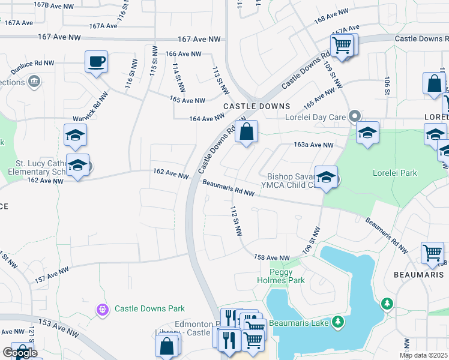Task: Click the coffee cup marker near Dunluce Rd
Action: [96, 62]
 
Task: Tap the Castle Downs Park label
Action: [149, 308]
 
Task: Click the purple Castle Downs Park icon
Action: [103, 309]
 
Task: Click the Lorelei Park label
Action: [395, 173]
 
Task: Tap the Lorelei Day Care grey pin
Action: [356, 116]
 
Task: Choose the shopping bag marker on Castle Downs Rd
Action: [246, 131]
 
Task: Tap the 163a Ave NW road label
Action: [313, 145]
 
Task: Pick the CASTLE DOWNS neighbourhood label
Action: [249, 106]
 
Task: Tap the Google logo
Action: [20, 353]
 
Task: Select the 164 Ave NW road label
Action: [206, 119]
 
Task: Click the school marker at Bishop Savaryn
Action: [326, 178]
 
